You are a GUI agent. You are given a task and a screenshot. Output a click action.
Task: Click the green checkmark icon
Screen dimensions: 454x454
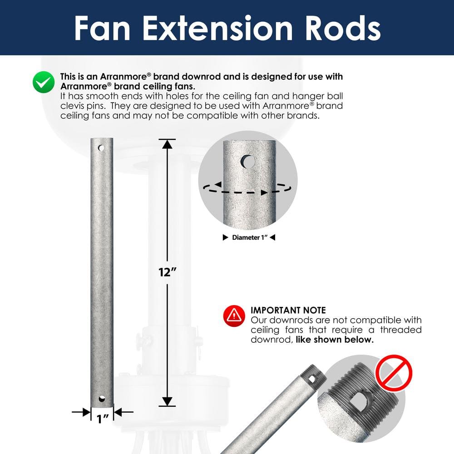click(44, 82)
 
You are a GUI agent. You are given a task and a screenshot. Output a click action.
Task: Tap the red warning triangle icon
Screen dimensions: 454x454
click(234, 315)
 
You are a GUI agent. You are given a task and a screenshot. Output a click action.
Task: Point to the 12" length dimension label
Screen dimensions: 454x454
click(168, 272)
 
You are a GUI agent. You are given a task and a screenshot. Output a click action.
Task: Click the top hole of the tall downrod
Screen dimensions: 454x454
click(101, 148)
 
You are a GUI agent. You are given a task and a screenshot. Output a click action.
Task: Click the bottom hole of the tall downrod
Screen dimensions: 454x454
click(101, 399)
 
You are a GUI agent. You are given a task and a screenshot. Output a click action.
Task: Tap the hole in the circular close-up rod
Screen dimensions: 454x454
click(248, 161)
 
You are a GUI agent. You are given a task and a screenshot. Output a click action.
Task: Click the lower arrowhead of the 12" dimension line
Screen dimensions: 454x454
click(168, 401)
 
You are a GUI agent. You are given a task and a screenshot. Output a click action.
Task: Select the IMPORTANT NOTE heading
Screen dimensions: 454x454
click(288, 311)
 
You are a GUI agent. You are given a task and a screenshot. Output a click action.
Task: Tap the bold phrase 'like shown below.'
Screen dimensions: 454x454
click(335, 340)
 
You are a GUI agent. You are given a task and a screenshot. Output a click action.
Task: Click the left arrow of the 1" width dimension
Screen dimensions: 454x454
click(85, 412)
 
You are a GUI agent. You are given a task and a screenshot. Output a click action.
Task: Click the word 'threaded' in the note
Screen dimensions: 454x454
click(401, 330)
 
